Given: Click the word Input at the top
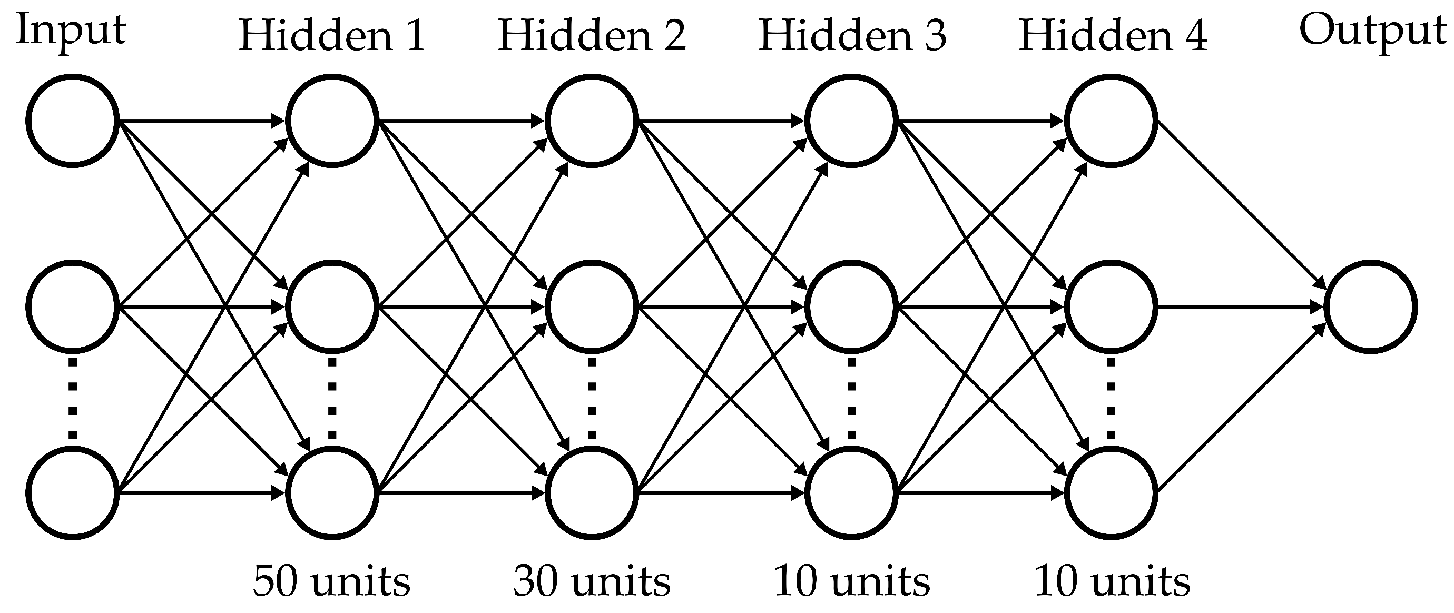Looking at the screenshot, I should [x=71, y=31].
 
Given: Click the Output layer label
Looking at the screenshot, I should [x=1373, y=31].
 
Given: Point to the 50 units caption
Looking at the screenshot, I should [x=332, y=581].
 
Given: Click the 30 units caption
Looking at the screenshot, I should [x=592, y=581].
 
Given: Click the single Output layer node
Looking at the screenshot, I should [x=1370, y=308].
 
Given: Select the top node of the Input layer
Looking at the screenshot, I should [x=73, y=121].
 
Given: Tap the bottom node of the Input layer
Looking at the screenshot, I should [x=73, y=493].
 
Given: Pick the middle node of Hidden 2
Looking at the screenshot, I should [x=592, y=308].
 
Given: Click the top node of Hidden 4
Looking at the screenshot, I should [x=1111, y=121].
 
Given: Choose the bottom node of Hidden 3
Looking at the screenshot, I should [x=851, y=493].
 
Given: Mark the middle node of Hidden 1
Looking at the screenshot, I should [x=332, y=308].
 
